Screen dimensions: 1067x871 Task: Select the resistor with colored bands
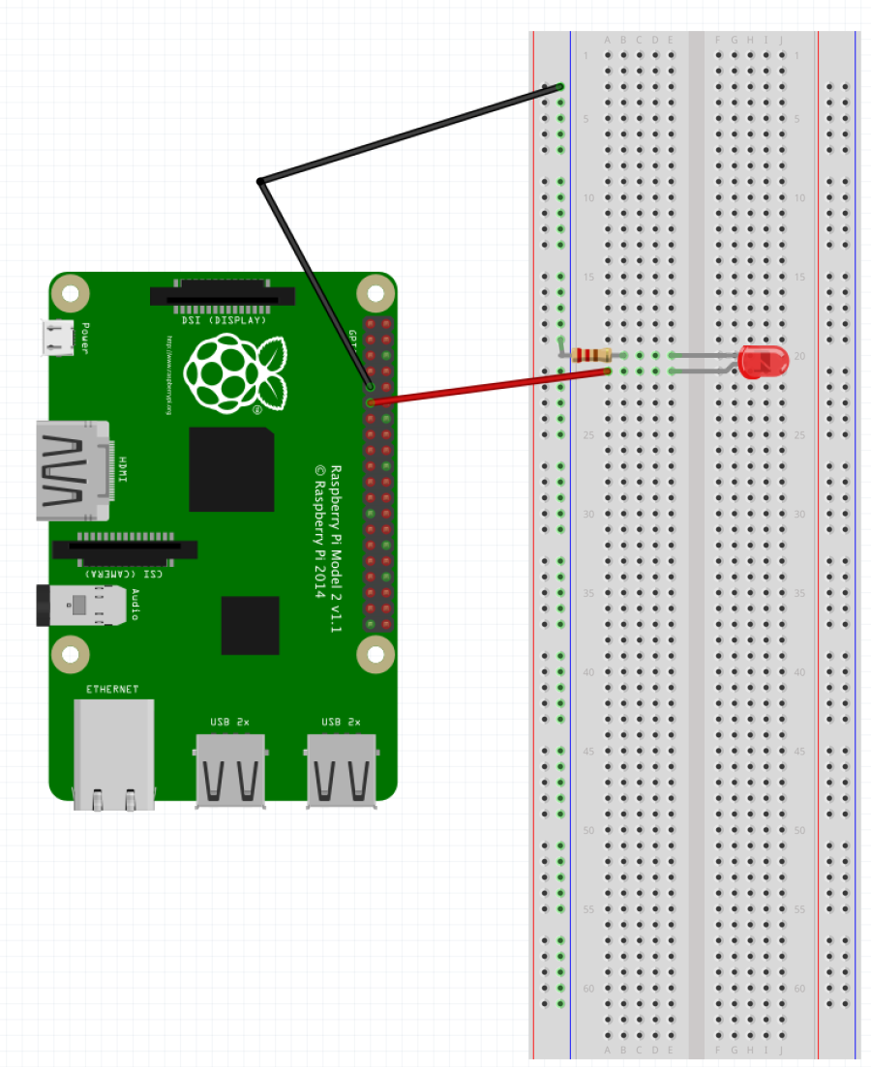pos(591,354)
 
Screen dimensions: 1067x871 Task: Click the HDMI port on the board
pos(73,471)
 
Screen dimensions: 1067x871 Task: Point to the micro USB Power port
pos(57,337)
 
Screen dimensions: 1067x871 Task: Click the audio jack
pos(82,606)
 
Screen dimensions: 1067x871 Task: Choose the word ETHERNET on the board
pos(112,690)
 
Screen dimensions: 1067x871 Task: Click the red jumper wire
pos(489,385)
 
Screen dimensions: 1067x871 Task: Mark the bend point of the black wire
pos(260,181)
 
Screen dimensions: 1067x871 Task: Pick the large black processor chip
pos(231,469)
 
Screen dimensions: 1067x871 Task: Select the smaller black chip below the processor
pos(250,625)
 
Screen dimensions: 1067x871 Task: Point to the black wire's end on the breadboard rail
pos(560,87)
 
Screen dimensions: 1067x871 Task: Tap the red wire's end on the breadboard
pos(608,370)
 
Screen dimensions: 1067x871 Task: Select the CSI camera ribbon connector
pos(125,548)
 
